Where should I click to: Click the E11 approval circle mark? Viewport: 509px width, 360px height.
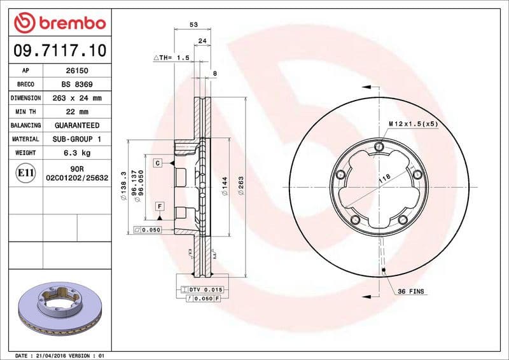tap(26, 172)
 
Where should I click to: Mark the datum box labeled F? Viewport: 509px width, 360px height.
tap(159, 206)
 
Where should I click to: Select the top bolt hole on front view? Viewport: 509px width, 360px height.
tap(380, 148)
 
